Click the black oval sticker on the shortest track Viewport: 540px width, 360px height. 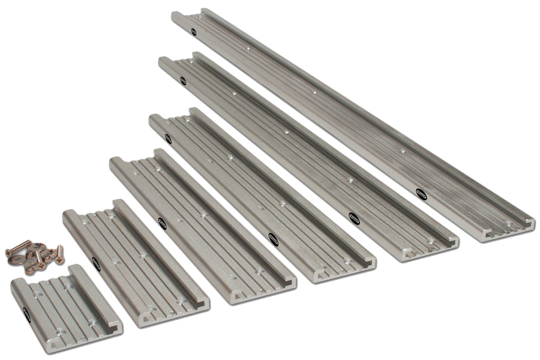click(x=26, y=312)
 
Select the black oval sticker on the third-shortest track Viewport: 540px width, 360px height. click(x=162, y=223)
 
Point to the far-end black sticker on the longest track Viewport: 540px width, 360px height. click(x=194, y=32)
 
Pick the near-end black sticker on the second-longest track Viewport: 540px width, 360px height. click(x=354, y=218)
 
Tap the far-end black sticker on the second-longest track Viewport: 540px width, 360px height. click(x=182, y=80)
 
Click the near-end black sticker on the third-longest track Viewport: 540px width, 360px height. click(x=273, y=239)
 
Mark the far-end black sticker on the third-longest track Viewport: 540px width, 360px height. click(x=168, y=139)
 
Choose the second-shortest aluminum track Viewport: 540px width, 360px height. click(x=135, y=264)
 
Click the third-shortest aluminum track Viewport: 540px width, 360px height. click(x=201, y=225)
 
